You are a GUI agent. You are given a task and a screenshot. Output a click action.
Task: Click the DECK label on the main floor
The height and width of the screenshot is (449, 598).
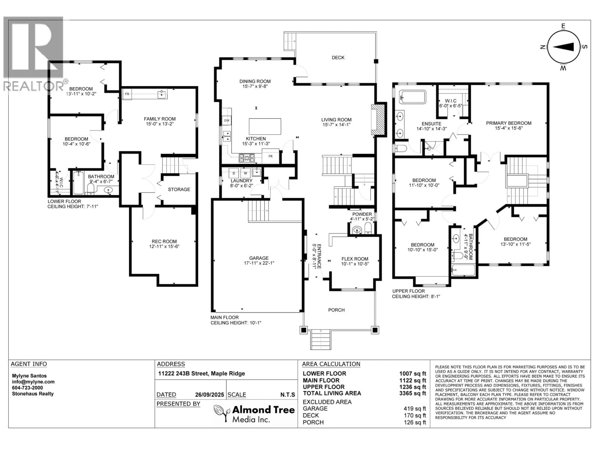coord(338,58)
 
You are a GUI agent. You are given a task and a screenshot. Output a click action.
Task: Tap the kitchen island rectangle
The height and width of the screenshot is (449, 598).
coord(265,126)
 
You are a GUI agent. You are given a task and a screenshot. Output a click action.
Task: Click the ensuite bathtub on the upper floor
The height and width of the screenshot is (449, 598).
coord(413,97)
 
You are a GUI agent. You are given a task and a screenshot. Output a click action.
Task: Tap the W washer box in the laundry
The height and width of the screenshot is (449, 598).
coord(245,173)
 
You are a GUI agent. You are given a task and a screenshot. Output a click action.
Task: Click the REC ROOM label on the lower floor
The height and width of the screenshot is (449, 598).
coord(164,241)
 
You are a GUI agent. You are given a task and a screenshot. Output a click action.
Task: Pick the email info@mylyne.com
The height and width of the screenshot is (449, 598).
coord(33,382)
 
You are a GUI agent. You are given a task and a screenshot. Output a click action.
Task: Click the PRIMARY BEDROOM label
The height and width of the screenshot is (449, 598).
coord(508,123)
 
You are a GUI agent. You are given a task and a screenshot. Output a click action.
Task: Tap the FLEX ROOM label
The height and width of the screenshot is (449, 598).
coord(355,259)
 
